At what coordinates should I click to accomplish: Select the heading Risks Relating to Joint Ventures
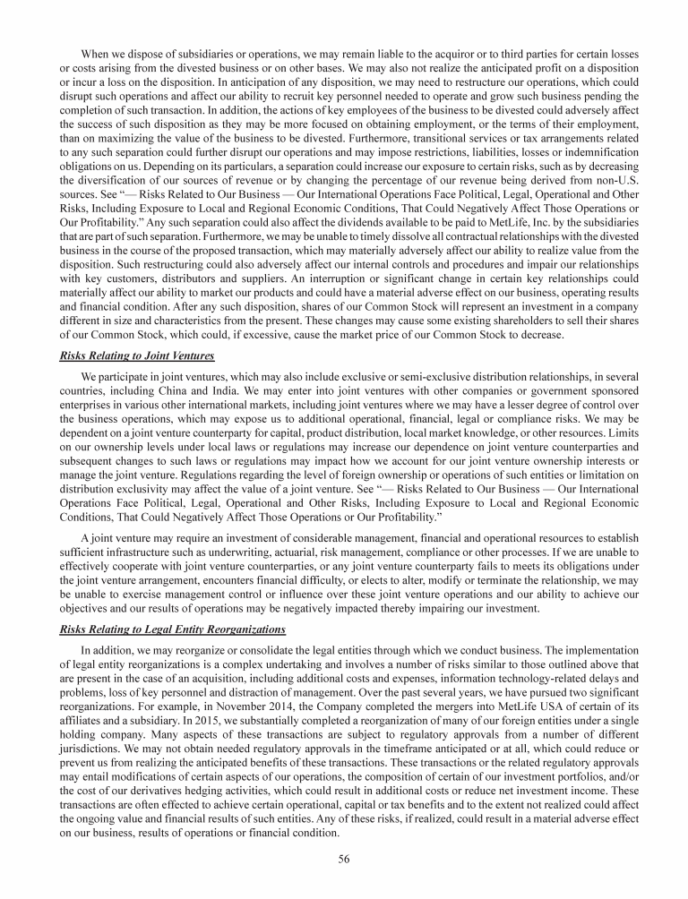pos(136,355)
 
